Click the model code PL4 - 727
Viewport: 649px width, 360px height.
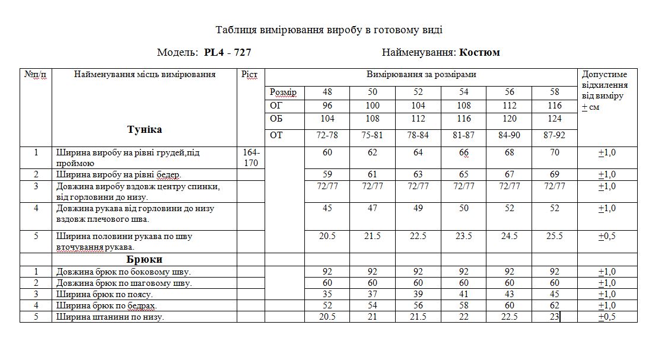227,52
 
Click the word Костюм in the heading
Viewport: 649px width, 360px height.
479,52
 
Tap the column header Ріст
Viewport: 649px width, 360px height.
249,75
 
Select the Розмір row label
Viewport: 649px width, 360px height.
283,93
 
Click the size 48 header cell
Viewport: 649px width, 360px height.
327,93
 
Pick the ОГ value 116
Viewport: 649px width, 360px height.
555,106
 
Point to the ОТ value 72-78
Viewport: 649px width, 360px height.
327,135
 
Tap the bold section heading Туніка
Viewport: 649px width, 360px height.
144,129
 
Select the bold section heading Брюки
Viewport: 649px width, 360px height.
144,259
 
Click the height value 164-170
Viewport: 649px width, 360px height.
252,158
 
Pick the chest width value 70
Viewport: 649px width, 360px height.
555,153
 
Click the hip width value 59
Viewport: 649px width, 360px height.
327,174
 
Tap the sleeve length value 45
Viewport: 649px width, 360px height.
327,208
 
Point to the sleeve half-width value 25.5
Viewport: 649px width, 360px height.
555,236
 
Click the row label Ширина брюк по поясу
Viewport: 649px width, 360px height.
104,294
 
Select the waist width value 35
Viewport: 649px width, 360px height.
327,294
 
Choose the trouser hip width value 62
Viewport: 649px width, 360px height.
555,305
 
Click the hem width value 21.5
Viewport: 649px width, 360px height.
418,317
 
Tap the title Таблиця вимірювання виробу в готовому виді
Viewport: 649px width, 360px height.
329,30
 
